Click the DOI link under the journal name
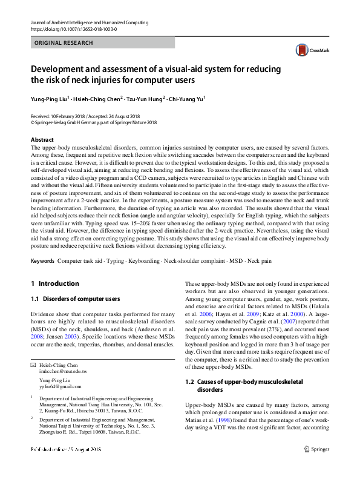tap(73, 29)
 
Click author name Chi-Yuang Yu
tap(187, 97)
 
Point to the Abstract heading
tap(42, 139)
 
